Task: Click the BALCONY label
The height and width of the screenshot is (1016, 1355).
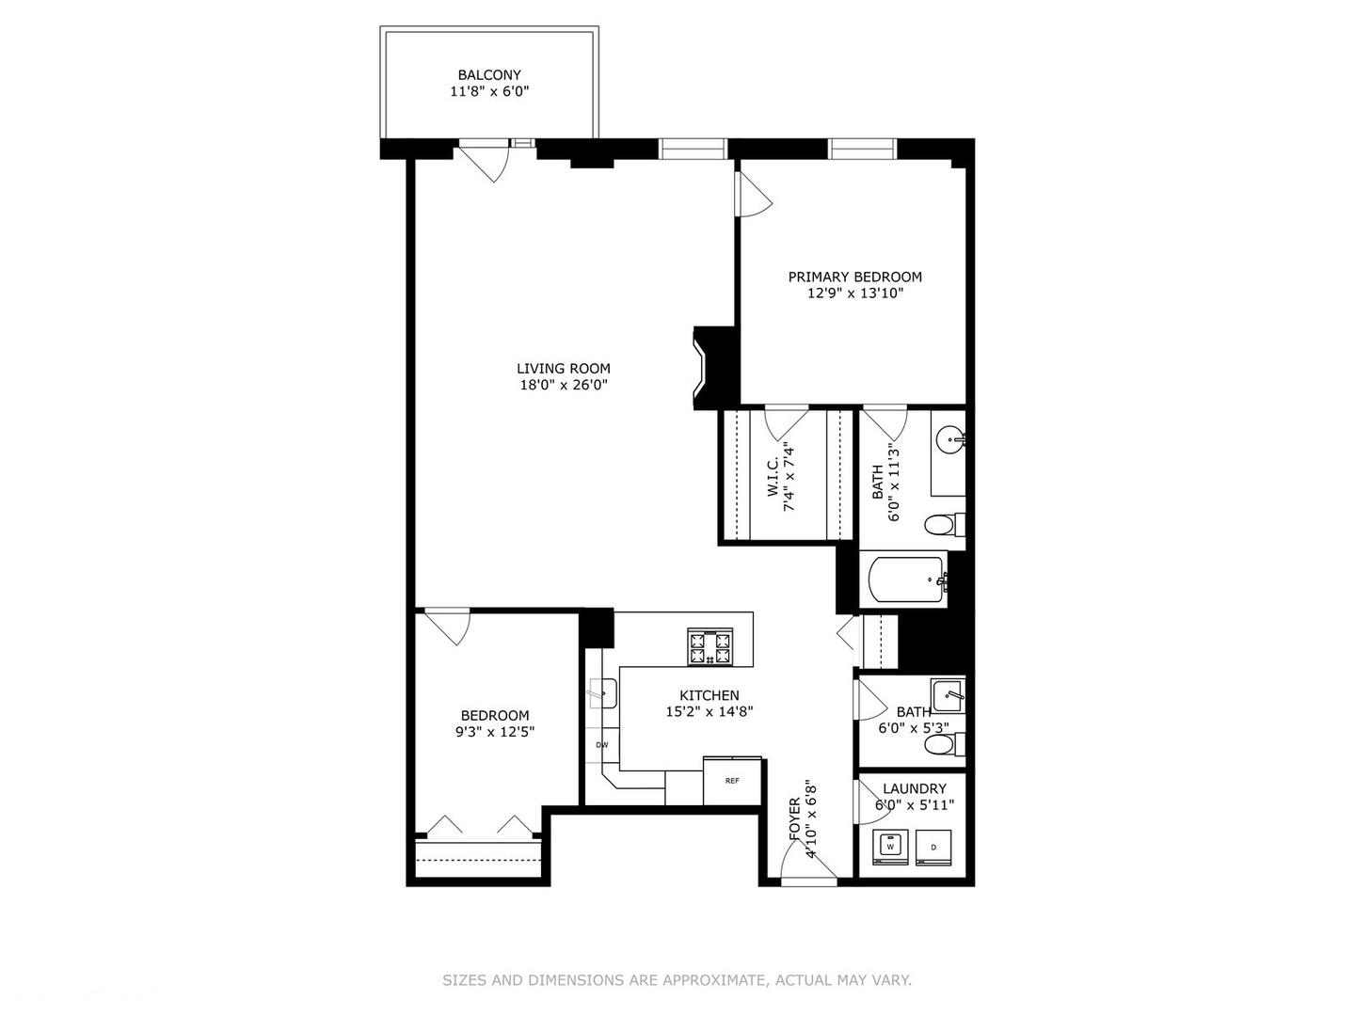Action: (x=488, y=75)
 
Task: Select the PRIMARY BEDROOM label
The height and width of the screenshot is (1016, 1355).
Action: (x=854, y=277)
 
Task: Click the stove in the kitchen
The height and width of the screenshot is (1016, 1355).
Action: (x=709, y=647)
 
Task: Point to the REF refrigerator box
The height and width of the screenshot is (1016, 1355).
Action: (x=732, y=781)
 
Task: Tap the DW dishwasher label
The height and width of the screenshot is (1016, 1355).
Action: (x=601, y=745)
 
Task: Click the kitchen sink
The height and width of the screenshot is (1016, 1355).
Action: (x=601, y=694)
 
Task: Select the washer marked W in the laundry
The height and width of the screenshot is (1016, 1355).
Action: (x=889, y=847)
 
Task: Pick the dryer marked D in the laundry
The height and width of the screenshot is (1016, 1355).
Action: (x=933, y=847)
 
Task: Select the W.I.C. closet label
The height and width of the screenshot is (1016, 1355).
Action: (x=773, y=477)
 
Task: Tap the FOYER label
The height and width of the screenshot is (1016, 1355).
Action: (x=795, y=820)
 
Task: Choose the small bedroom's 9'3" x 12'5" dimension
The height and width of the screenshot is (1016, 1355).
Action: (x=495, y=732)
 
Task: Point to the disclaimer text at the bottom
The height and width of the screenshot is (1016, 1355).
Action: (x=677, y=980)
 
